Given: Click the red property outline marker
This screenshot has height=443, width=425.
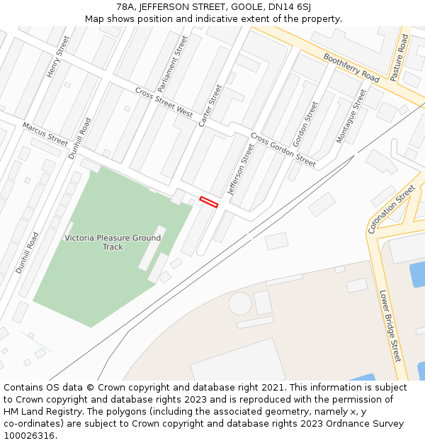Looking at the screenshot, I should coord(208,202).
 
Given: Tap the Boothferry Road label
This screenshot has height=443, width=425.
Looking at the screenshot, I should coord(351,67).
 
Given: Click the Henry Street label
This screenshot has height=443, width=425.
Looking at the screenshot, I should coord(58,57).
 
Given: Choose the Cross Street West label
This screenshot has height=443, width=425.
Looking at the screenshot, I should coord(164,103).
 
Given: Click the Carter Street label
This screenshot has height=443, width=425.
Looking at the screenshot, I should coord(210,106).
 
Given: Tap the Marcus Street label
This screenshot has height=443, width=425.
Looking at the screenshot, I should coord(45,135).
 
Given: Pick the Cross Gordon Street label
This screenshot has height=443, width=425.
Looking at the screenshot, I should coord(283,150).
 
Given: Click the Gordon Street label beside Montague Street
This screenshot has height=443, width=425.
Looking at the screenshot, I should coord(306,125).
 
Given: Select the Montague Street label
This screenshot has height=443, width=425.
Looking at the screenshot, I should coord(351,116).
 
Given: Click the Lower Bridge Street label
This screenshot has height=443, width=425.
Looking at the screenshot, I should coord(390,325).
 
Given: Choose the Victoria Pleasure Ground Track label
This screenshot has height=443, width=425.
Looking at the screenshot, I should coord(113,242).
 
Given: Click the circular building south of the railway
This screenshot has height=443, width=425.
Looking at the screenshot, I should coord(239,304).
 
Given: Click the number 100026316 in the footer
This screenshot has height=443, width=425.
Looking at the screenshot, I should coord(29,436).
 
